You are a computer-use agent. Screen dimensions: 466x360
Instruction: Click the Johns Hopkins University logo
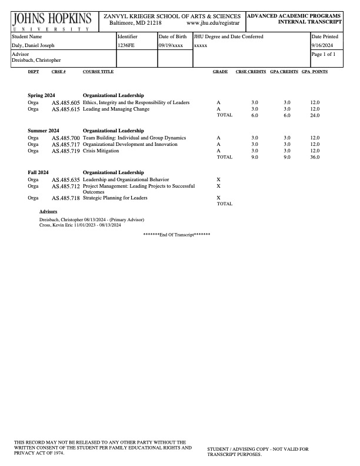(x=51, y=21)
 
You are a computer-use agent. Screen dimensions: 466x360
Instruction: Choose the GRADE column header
(x=220, y=72)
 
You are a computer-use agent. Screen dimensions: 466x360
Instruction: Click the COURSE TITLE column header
(x=98, y=72)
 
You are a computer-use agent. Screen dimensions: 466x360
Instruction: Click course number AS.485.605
(x=65, y=103)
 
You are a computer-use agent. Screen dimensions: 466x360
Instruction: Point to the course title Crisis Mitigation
(x=101, y=151)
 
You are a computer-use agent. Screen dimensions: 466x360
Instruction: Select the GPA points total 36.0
(x=315, y=158)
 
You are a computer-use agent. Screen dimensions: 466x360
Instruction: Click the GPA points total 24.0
(x=315, y=115)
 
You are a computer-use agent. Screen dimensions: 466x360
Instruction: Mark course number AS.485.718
(x=65, y=198)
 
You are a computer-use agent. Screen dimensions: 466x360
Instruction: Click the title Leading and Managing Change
(x=116, y=109)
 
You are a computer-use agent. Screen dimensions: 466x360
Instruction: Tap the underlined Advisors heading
(x=48, y=210)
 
